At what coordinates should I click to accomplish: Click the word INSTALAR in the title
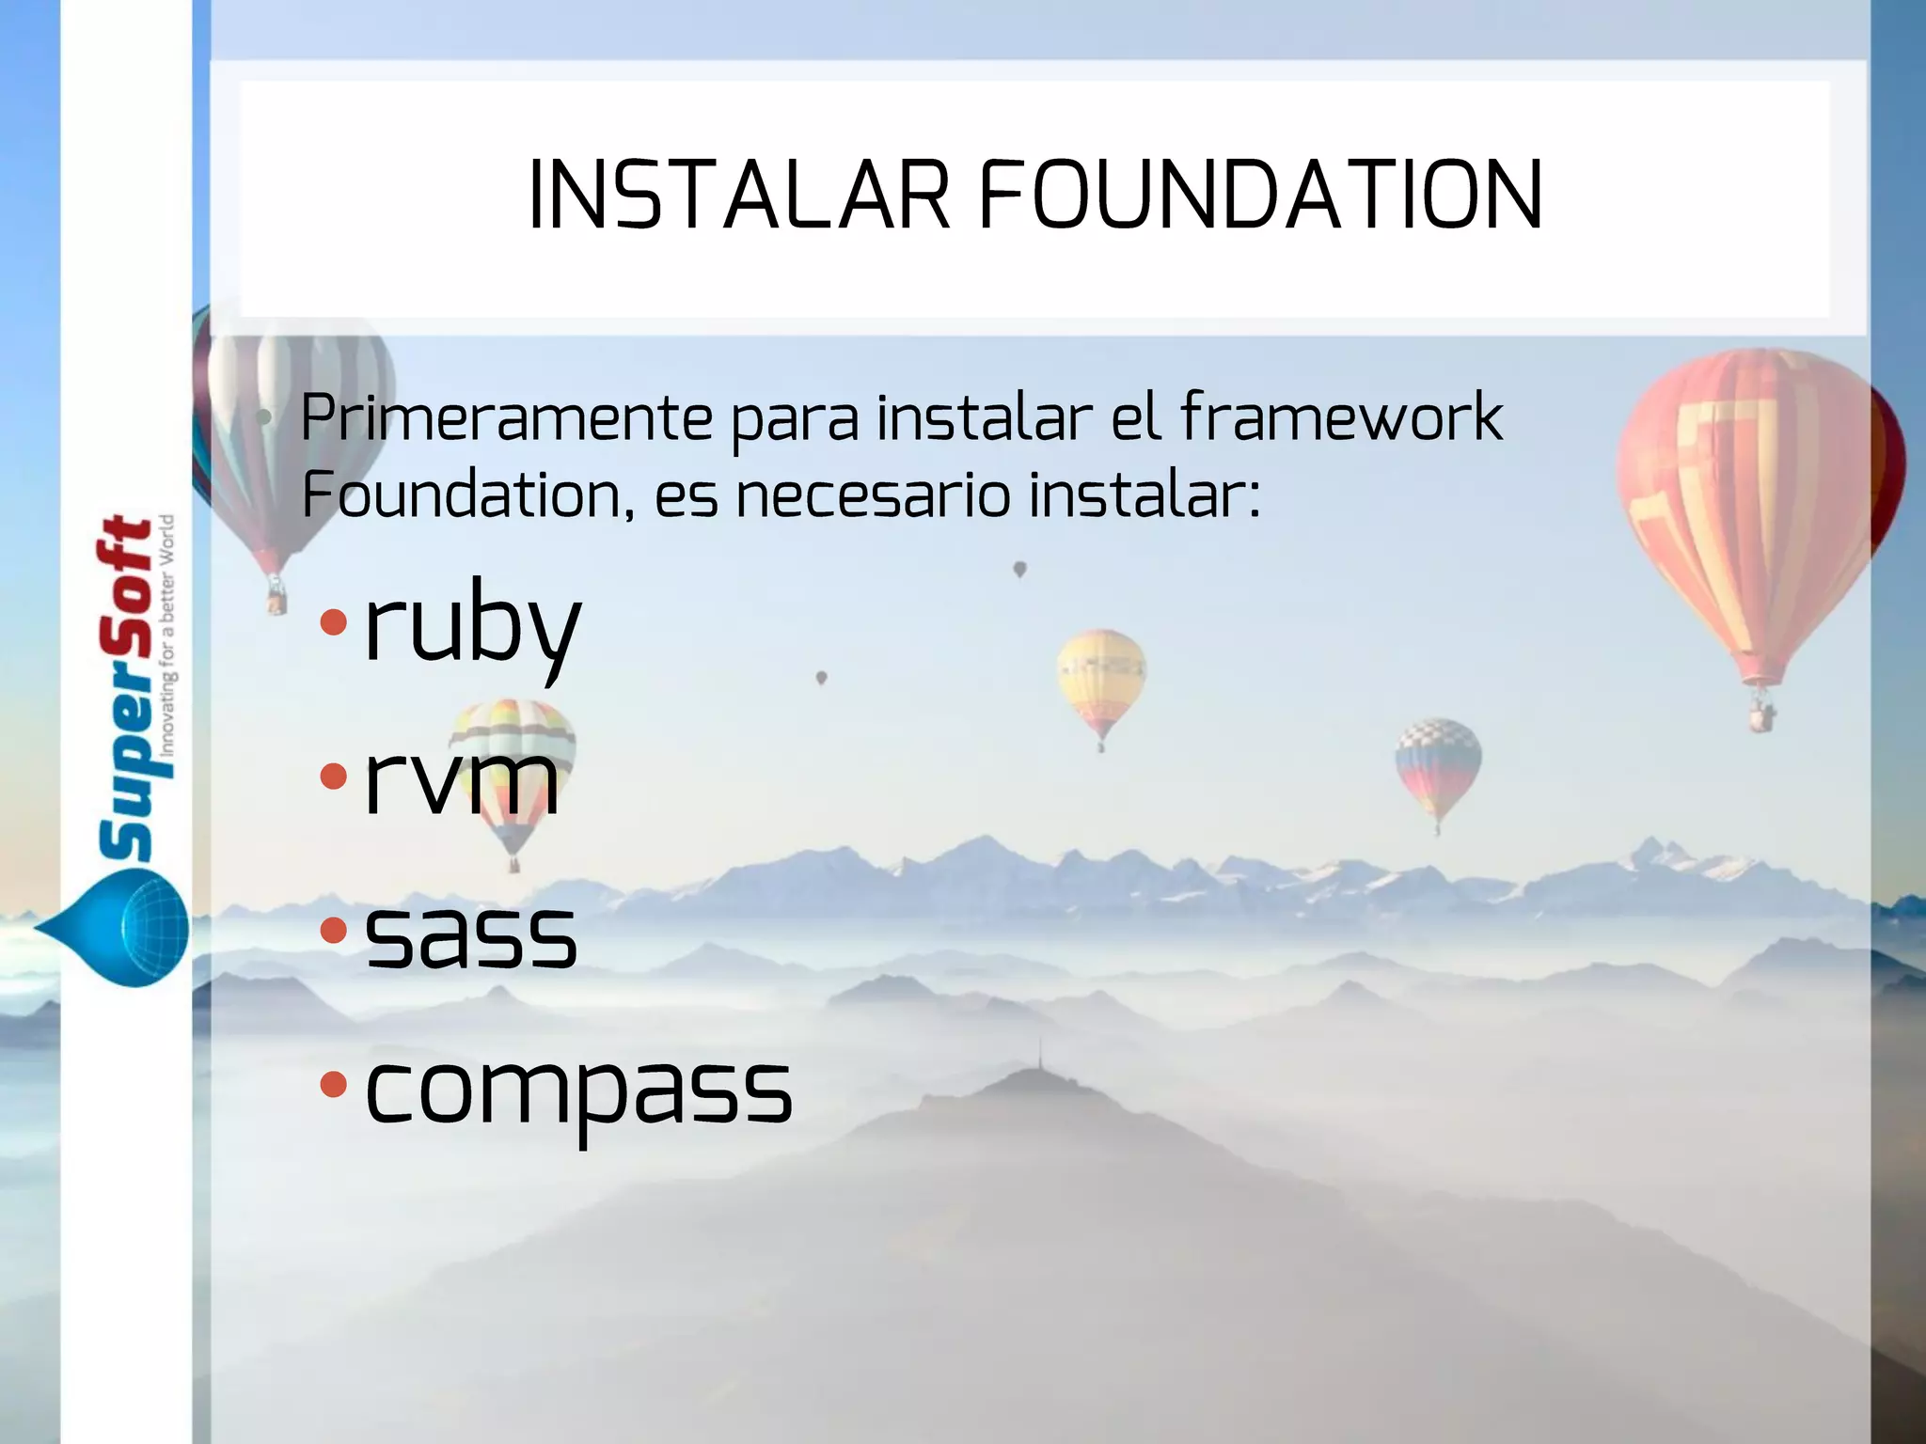click(x=739, y=195)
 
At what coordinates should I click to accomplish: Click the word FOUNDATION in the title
click(x=1260, y=195)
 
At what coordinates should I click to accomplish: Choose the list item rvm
click(x=462, y=779)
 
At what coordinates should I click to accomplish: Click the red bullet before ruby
click(x=333, y=621)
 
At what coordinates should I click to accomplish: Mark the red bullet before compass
click(x=333, y=1086)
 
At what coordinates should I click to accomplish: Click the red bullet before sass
click(x=333, y=931)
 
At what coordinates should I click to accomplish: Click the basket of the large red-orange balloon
click(x=1761, y=716)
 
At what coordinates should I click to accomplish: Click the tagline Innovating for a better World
click(x=167, y=636)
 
